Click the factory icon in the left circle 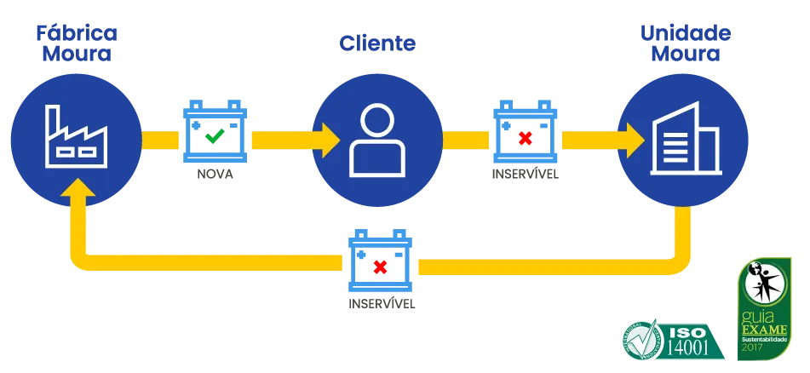[x=78, y=135]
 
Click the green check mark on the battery [x=215, y=135]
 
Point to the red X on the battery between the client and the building [x=526, y=136]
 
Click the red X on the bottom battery [x=380, y=266]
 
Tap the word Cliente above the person [x=376, y=43]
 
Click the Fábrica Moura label [x=78, y=43]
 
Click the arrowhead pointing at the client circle [x=329, y=136]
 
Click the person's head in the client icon [x=376, y=118]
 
